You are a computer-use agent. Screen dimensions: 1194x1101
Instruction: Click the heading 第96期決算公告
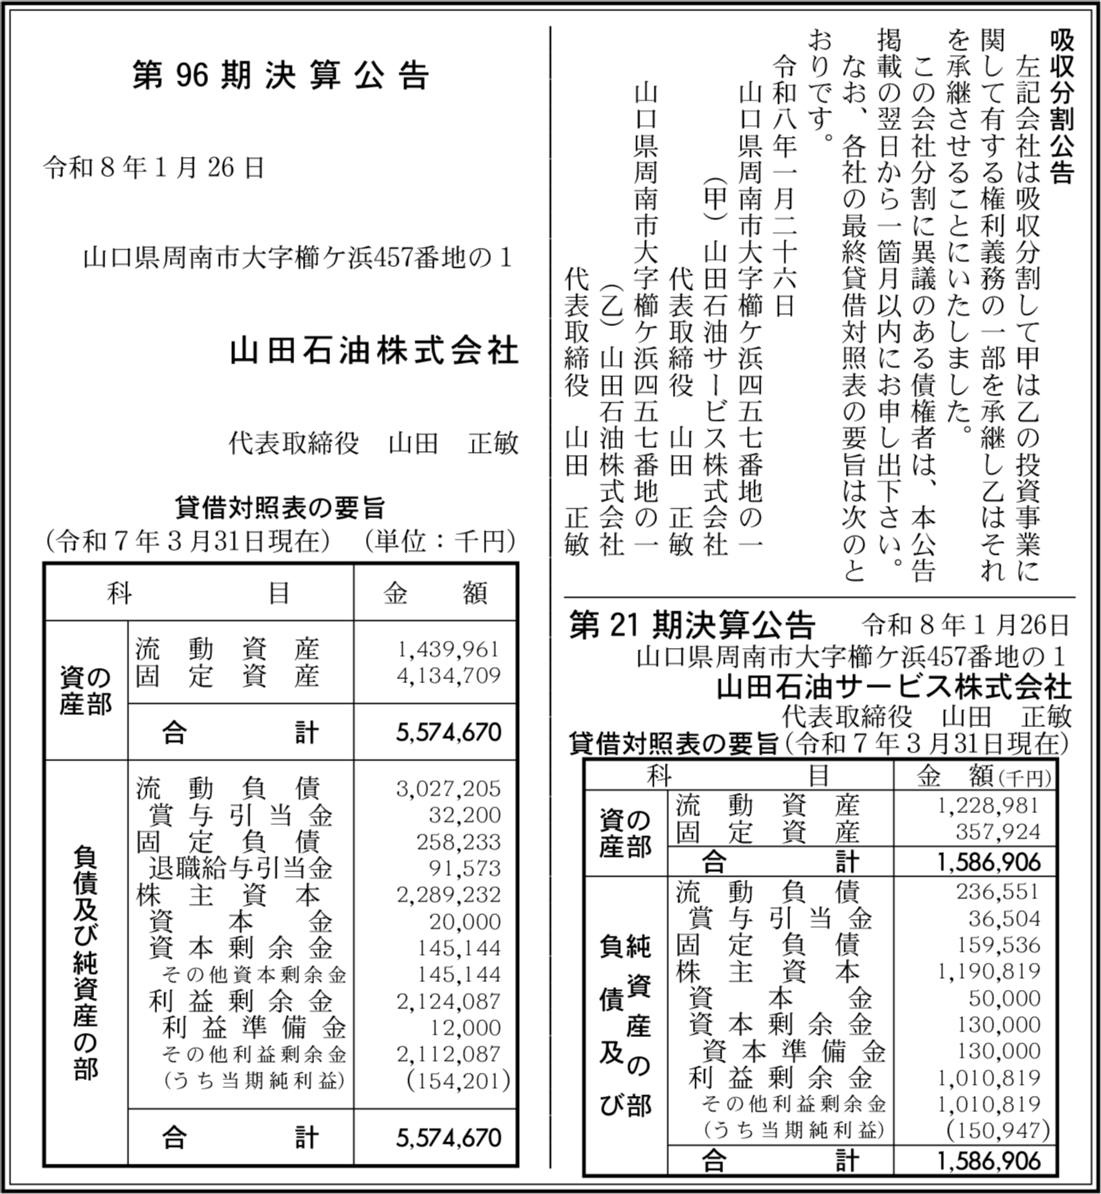pos(281,76)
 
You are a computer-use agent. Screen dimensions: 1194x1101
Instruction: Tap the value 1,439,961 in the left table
pos(449,650)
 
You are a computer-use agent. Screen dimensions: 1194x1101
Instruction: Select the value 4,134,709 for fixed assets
pos(449,676)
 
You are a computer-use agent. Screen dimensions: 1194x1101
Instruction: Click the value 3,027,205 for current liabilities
pos(449,789)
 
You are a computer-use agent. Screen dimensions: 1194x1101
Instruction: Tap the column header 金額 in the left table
pos(435,594)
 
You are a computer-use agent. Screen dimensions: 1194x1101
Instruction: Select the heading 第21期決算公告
pos(692,626)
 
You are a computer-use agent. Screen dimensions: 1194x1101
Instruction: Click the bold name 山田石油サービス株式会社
pos(894,687)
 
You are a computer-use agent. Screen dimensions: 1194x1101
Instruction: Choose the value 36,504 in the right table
pos(1005,919)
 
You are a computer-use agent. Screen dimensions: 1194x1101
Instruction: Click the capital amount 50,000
pos(1005,999)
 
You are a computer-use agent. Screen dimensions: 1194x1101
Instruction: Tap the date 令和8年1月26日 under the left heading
pos(154,168)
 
